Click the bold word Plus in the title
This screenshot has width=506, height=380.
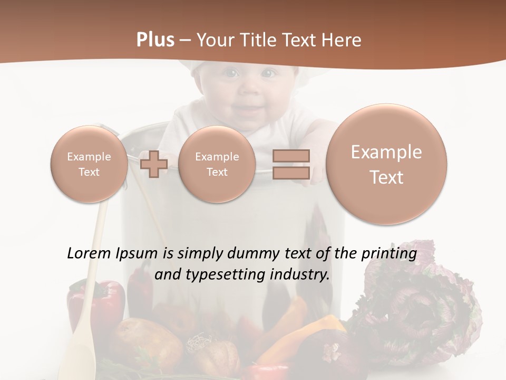155,40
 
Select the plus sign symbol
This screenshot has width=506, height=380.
154,164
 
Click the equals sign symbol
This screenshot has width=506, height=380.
291,164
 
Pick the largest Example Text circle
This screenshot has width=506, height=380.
386,164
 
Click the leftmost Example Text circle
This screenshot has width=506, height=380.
89,164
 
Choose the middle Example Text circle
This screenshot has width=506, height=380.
217,164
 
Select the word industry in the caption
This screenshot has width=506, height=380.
300,274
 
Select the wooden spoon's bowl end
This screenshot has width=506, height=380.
76,359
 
